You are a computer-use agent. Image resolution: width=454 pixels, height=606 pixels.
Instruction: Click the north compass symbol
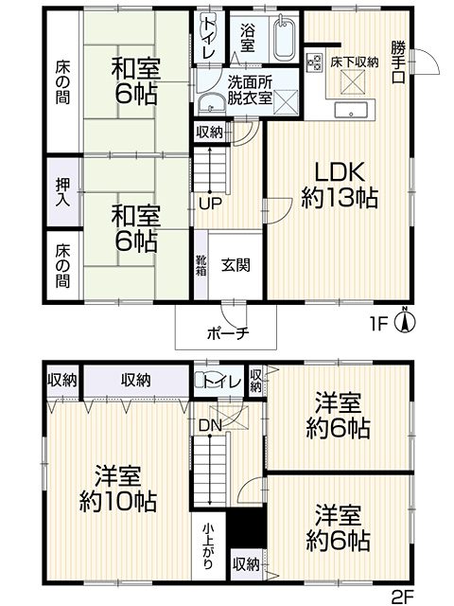click(x=405, y=320)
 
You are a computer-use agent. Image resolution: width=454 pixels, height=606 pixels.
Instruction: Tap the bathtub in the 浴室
click(x=285, y=38)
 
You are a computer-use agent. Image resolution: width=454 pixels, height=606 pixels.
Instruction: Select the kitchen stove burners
click(x=314, y=62)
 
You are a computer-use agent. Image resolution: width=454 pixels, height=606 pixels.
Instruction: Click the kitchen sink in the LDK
click(x=351, y=110)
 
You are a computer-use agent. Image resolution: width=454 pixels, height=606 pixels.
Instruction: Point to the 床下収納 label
click(x=354, y=62)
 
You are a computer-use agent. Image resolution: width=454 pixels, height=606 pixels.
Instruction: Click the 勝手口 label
click(x=398, y=62)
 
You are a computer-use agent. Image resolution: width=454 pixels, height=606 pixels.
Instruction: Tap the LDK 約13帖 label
click(x=339, y=186)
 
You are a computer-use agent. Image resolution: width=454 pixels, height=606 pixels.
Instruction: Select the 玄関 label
click(x=236, y=265)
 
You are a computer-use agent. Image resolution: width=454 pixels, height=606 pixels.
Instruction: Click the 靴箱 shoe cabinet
click(x=201, y=265)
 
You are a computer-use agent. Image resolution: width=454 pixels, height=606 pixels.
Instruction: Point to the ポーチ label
click(x=226, y=333)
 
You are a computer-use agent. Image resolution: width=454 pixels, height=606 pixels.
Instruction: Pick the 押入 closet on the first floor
click(x=63, y=192)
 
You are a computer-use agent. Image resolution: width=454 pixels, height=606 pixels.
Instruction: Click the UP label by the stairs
click(x=210, y=204)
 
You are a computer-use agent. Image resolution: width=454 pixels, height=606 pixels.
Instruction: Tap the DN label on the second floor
click(x=210, y=425)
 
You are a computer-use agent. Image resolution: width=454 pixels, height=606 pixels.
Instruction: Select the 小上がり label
click(x=208, y=545)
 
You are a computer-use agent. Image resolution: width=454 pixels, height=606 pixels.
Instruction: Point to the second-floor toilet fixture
click(x=200, y=381)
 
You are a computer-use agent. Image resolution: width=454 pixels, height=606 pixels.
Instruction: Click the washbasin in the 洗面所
click(x=212, y=103)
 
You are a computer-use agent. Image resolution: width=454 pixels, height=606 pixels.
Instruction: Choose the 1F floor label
click(x=378, y=325)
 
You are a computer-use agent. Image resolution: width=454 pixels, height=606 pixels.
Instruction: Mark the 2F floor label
click(x=401, y=597)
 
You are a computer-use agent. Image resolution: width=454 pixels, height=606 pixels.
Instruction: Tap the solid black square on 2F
click(x=246, y=527)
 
